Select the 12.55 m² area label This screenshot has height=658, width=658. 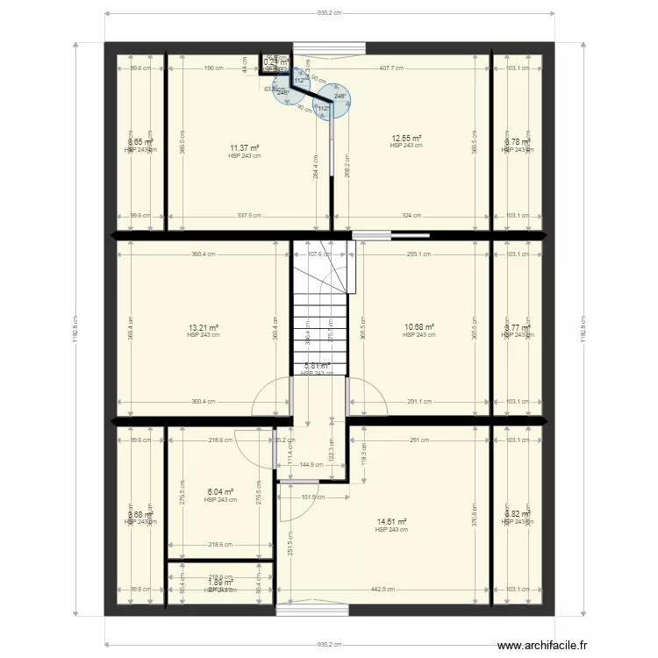(406, 139)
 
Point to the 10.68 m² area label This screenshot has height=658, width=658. (419, 327)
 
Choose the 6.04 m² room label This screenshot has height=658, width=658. (220, 493)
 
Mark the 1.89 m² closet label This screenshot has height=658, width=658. (220, 582)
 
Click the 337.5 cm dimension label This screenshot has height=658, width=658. (250, 215)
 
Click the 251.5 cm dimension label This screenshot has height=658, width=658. (291, 545)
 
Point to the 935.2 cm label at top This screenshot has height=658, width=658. (329, 13)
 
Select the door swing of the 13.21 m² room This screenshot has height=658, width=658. (270, 397)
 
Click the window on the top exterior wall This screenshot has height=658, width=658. (328, 48)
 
